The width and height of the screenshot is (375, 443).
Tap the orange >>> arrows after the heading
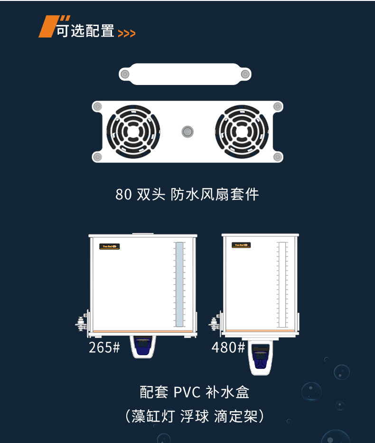[x=126, y=33]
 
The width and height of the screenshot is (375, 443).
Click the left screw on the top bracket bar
[x=125, y=74]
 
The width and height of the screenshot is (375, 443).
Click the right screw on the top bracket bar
[x=245, y=74]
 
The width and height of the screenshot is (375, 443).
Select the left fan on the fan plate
[x=133, y=132]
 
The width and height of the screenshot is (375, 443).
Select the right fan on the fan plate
[x=242, y=132]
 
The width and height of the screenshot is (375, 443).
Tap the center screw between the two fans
[x=187, y=132]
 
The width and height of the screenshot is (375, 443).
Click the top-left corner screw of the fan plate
[x=97, y=106]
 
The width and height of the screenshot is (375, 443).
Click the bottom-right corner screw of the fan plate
[x=278, y=157]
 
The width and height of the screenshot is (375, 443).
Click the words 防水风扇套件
[x=215, y=195]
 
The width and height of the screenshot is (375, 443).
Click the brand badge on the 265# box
[x=110, y=246]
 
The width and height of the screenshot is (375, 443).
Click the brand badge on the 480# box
[x=241, y=245]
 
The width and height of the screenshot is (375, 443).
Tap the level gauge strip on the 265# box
[x=179, y=285]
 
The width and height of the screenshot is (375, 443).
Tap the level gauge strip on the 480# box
[x=282, y=285]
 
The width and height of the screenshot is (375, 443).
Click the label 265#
[x=104, y=348]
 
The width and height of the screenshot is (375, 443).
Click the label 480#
[x=228, y=348]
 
